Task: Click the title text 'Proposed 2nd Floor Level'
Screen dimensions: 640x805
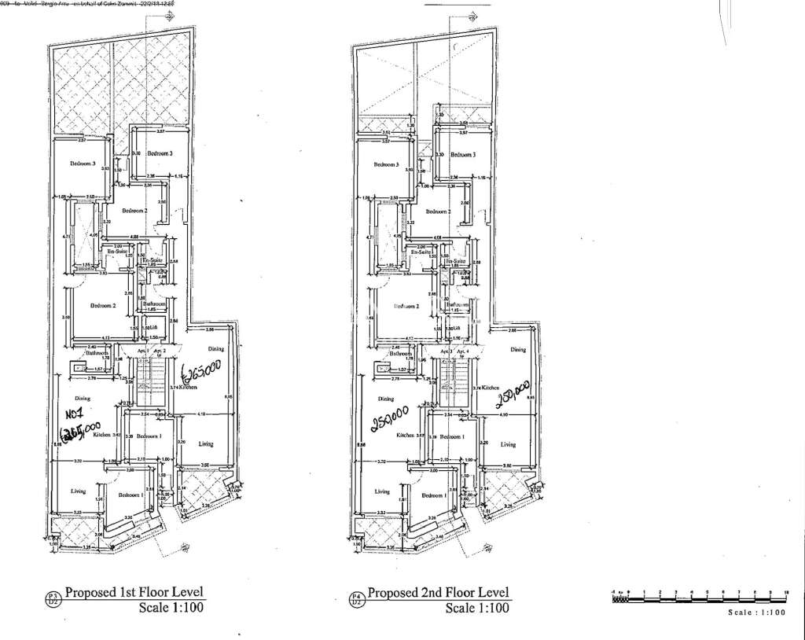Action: coord(439,592)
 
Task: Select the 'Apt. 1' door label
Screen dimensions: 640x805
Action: coord(142,350)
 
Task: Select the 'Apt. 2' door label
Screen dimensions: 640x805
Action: coord(159,350)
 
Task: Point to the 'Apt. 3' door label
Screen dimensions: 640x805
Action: coord(447,350)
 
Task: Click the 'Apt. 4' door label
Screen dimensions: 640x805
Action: coord(463,350)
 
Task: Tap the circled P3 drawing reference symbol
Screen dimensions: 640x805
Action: coord(53,599)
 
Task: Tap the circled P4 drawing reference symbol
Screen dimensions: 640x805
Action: coord(357,599)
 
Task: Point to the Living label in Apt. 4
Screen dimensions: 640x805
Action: coord(509,444)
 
